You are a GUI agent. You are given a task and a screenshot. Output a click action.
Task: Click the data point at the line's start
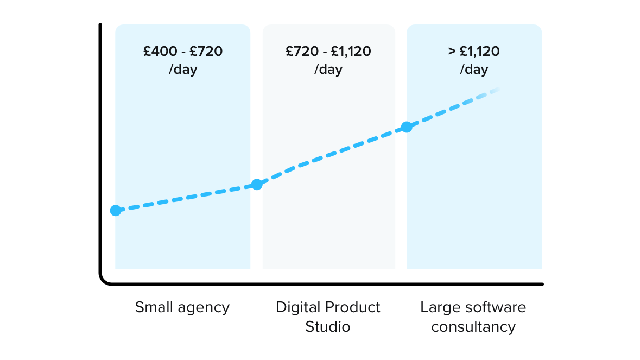pyautogui.click(x=116, y=210)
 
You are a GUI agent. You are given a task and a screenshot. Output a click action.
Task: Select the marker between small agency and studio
pyautogui.click(x=257, y=184)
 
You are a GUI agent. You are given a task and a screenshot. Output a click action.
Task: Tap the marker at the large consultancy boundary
pyautogui.click(x=406, y=127)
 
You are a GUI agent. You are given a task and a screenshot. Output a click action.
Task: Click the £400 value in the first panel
pyautogui.click(x=160, y=52)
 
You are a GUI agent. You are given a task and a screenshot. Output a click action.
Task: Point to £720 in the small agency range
pyautogui.click(x=206, y=52)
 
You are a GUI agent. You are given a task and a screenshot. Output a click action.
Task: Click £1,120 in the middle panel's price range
pyautogui.click(x=351, y=52)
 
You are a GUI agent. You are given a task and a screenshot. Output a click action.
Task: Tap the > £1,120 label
pyautogui.click(x=474, y=52)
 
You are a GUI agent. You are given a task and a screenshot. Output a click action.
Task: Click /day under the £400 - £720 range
pyautogui.click(x=183, y=70)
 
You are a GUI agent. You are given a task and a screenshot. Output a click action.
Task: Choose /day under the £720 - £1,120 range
pyautogui.click(x=328, y=70)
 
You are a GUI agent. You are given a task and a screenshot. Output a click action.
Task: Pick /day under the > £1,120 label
pyautogui.click(x=474, y=70)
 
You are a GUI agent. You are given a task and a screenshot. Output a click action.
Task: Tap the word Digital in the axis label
pyautogui.click(x=298, y=307)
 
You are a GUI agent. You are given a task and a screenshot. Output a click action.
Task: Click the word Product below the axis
pyautogui.click(x=352, y=307)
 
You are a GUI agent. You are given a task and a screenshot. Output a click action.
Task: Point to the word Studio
pyautogui.click(x=328, y=327)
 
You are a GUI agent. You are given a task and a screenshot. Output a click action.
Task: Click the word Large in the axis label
pyautogui.click(x=438, y=308)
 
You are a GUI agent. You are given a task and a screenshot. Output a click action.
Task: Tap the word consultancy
pyautogui.click(x=473, y=327)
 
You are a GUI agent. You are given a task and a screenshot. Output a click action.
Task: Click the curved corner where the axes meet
pyautogui.click(x=104, y=280)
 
